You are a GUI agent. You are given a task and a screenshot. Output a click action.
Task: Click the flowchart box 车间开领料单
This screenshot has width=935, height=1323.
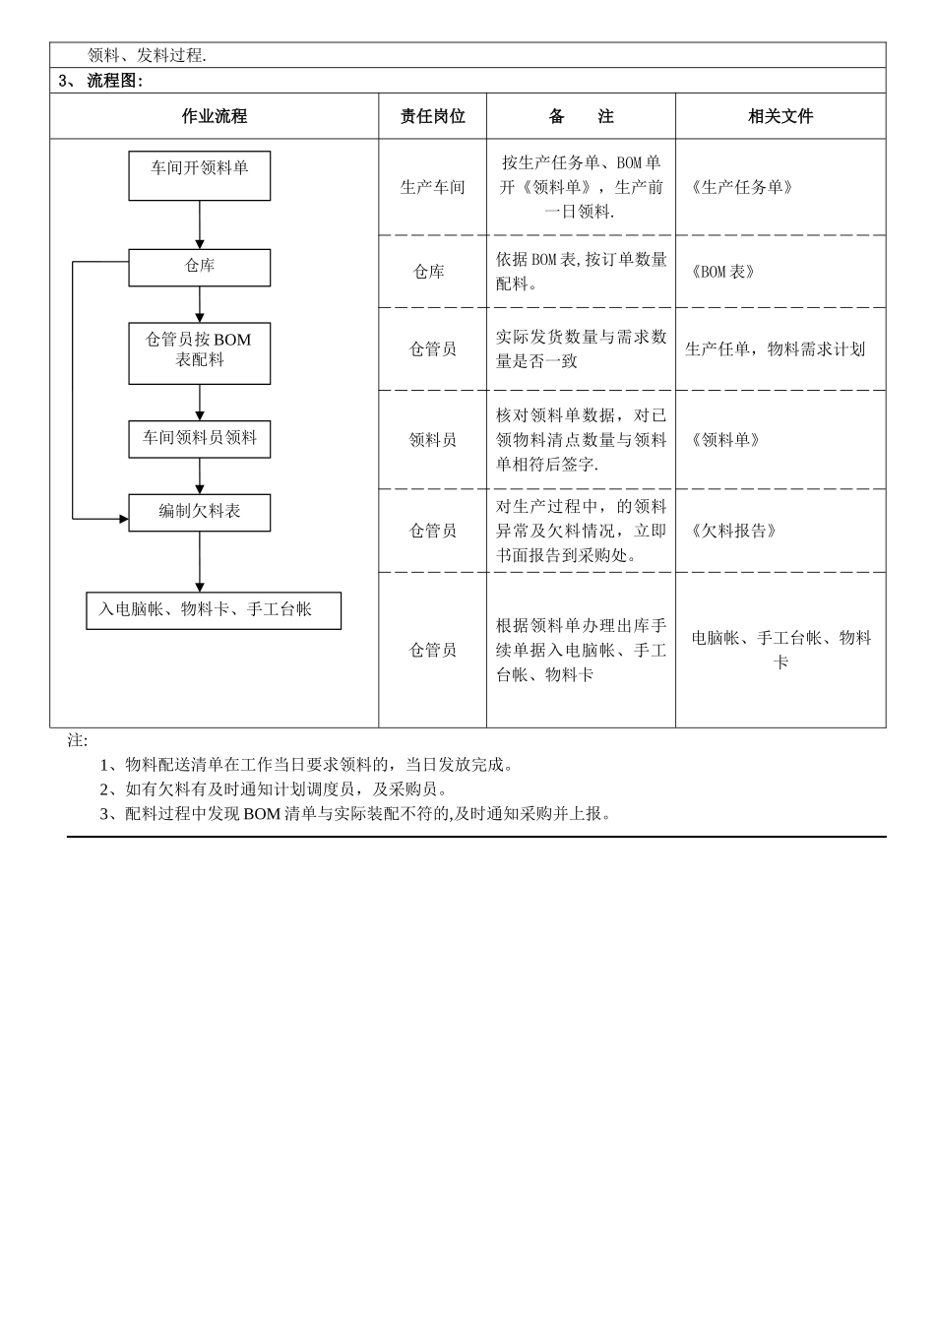coord(199,175)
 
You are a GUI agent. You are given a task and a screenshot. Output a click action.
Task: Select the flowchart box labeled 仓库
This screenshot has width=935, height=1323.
coord(199,267)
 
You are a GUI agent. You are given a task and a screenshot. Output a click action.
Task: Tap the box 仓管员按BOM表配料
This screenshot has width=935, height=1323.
coord(199,352)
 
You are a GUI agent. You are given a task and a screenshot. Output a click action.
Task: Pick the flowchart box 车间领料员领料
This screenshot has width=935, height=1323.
coord(199,439)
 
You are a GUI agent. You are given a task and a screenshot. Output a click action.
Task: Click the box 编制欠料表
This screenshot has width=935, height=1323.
coord(199,512)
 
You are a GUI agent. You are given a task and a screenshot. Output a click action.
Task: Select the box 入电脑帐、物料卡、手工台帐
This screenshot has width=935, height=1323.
coord(214,610)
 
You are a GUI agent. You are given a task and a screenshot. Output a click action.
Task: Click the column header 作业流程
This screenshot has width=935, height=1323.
coord(214,116)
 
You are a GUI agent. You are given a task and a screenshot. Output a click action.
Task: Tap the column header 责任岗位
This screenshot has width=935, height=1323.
coord(432,116)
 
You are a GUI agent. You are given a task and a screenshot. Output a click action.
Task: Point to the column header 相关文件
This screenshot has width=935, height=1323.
coord(780,116)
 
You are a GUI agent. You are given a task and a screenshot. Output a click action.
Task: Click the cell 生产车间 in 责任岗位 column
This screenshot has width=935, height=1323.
coord(432,187)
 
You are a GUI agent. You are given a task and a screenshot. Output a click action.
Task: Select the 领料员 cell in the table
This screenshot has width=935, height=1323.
coord(432,440)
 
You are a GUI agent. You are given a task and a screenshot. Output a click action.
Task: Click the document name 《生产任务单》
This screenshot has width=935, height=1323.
coord(741,187)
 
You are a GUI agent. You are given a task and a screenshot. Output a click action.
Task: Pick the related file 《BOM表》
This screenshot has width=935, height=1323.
coord(723,272)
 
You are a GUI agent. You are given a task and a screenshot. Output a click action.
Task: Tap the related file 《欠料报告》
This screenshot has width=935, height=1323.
coord(734,531)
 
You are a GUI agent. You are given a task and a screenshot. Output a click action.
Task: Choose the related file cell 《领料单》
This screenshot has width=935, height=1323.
coord(725,440)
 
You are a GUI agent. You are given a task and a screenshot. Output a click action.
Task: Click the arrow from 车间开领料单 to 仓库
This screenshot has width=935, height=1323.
coord(200,225)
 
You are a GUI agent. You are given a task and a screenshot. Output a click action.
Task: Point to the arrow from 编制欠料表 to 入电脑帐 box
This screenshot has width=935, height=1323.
coord(200,562)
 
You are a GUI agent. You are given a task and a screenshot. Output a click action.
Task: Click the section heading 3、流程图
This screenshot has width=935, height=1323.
coord(101,81)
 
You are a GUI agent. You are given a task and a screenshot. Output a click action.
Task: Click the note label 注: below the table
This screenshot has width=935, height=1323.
coord(78,740)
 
